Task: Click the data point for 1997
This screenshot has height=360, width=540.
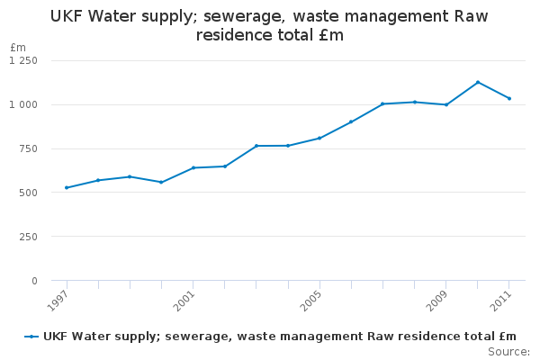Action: coord(67,187)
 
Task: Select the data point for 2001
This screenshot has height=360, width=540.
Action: coord(193,167)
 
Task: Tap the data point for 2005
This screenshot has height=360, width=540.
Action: coord(319,138)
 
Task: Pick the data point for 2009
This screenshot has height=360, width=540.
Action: coord(446,104)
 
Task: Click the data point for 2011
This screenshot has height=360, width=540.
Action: coord(509,98)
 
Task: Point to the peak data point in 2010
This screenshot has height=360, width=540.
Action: coord(478,82)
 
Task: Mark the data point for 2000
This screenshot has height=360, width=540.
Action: coord(161,182)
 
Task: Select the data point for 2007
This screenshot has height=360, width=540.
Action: coord(382,103)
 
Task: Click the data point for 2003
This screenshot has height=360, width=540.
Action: coord(256,146)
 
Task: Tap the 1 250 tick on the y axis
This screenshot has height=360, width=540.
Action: coord(23,60)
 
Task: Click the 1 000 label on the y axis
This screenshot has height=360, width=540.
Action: coord(23,104)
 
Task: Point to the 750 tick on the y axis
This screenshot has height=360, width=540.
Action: coord(29,148)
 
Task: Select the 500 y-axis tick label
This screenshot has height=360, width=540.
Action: coord(29,193)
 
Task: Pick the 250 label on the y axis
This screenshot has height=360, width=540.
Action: coord(29,237)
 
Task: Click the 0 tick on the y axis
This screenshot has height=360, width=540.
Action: coord(34,281)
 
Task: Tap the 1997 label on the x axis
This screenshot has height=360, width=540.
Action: coord(57,300)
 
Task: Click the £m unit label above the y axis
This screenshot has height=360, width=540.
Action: coord(18,47)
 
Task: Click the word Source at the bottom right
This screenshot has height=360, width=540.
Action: coord(508,351)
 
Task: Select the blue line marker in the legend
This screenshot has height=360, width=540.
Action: coord(31,337)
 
